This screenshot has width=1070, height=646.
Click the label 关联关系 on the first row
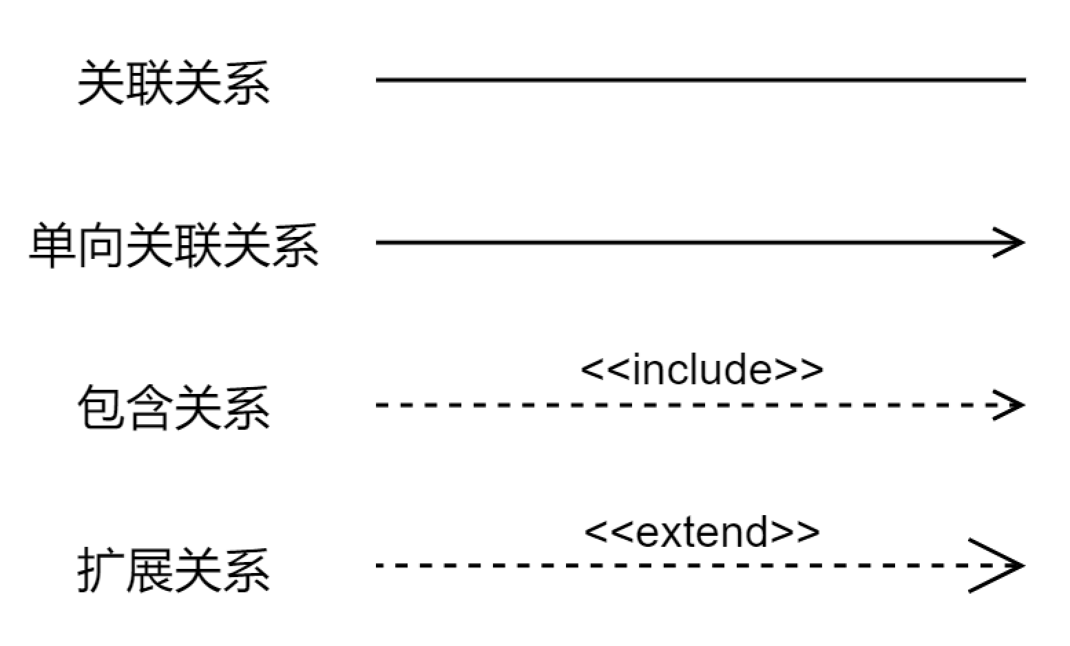pyautogui.click(x=173, y=83)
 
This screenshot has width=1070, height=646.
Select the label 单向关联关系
pyautogui.click(x=174, y=246)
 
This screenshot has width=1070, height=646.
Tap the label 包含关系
pyautogui.click(x=173, y=408)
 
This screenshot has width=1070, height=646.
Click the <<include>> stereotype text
pyautogui.click(x=702, y=369)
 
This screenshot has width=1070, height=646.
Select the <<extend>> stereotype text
pyautogui.click(x=702, y=532)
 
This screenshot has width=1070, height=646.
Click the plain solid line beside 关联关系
pyautogui.click(x=700, y=80)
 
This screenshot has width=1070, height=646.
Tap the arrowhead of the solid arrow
pyautogui.click(x=1012, y=242)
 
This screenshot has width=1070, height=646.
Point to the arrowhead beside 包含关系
pyautogui.click(x=1012, y=405)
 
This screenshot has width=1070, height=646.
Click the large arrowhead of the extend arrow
pyautogui.click(x=1002, y=566)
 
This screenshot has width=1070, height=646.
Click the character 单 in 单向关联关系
pyautogui.click(x=53, y=246)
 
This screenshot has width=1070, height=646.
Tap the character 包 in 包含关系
pyautogui.click(x=101, y=408)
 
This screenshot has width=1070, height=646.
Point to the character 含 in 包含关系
pyautogui.click(x=149, y=408)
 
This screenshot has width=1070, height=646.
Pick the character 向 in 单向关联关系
pyautogui.click(x=101, y=246)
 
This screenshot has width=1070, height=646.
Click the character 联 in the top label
pyautogui.click(x=149, y=83)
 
